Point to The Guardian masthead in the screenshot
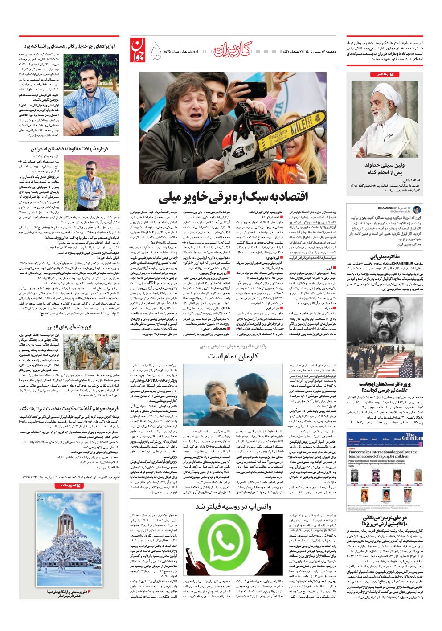coord(405,436)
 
